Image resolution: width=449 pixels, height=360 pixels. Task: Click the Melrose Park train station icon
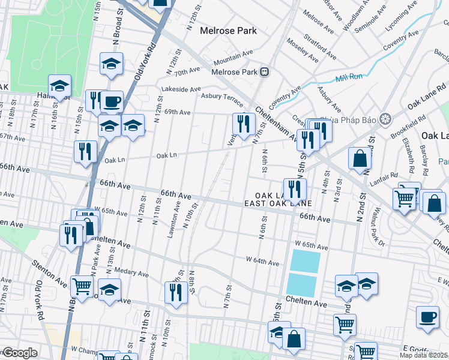[x=264, y=72]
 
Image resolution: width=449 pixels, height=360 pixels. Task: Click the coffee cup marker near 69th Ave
[x=112, y=102]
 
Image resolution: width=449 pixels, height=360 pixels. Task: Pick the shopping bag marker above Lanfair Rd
[x=360, y=159]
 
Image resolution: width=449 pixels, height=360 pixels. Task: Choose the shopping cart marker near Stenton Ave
[x=82, y=286]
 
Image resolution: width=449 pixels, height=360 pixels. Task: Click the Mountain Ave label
[x=234, y=58]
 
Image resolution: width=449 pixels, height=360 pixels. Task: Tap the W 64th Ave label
[x=262, y=262]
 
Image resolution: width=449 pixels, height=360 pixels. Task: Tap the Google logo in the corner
[x=20, y=353]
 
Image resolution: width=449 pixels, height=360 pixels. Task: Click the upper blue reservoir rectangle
[x=304, y=261]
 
